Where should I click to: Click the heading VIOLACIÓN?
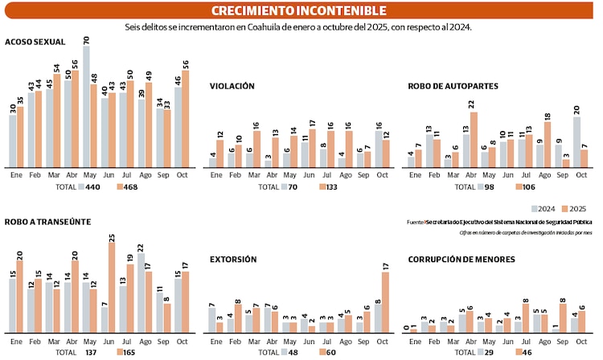(232, 85)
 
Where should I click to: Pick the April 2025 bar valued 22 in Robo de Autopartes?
(474, 140)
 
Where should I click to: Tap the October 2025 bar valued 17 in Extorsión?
(386, 303)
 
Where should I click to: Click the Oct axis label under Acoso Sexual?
(182, 174)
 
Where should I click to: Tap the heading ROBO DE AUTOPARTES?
(453, 85)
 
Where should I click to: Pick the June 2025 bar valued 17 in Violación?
(311, 148)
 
